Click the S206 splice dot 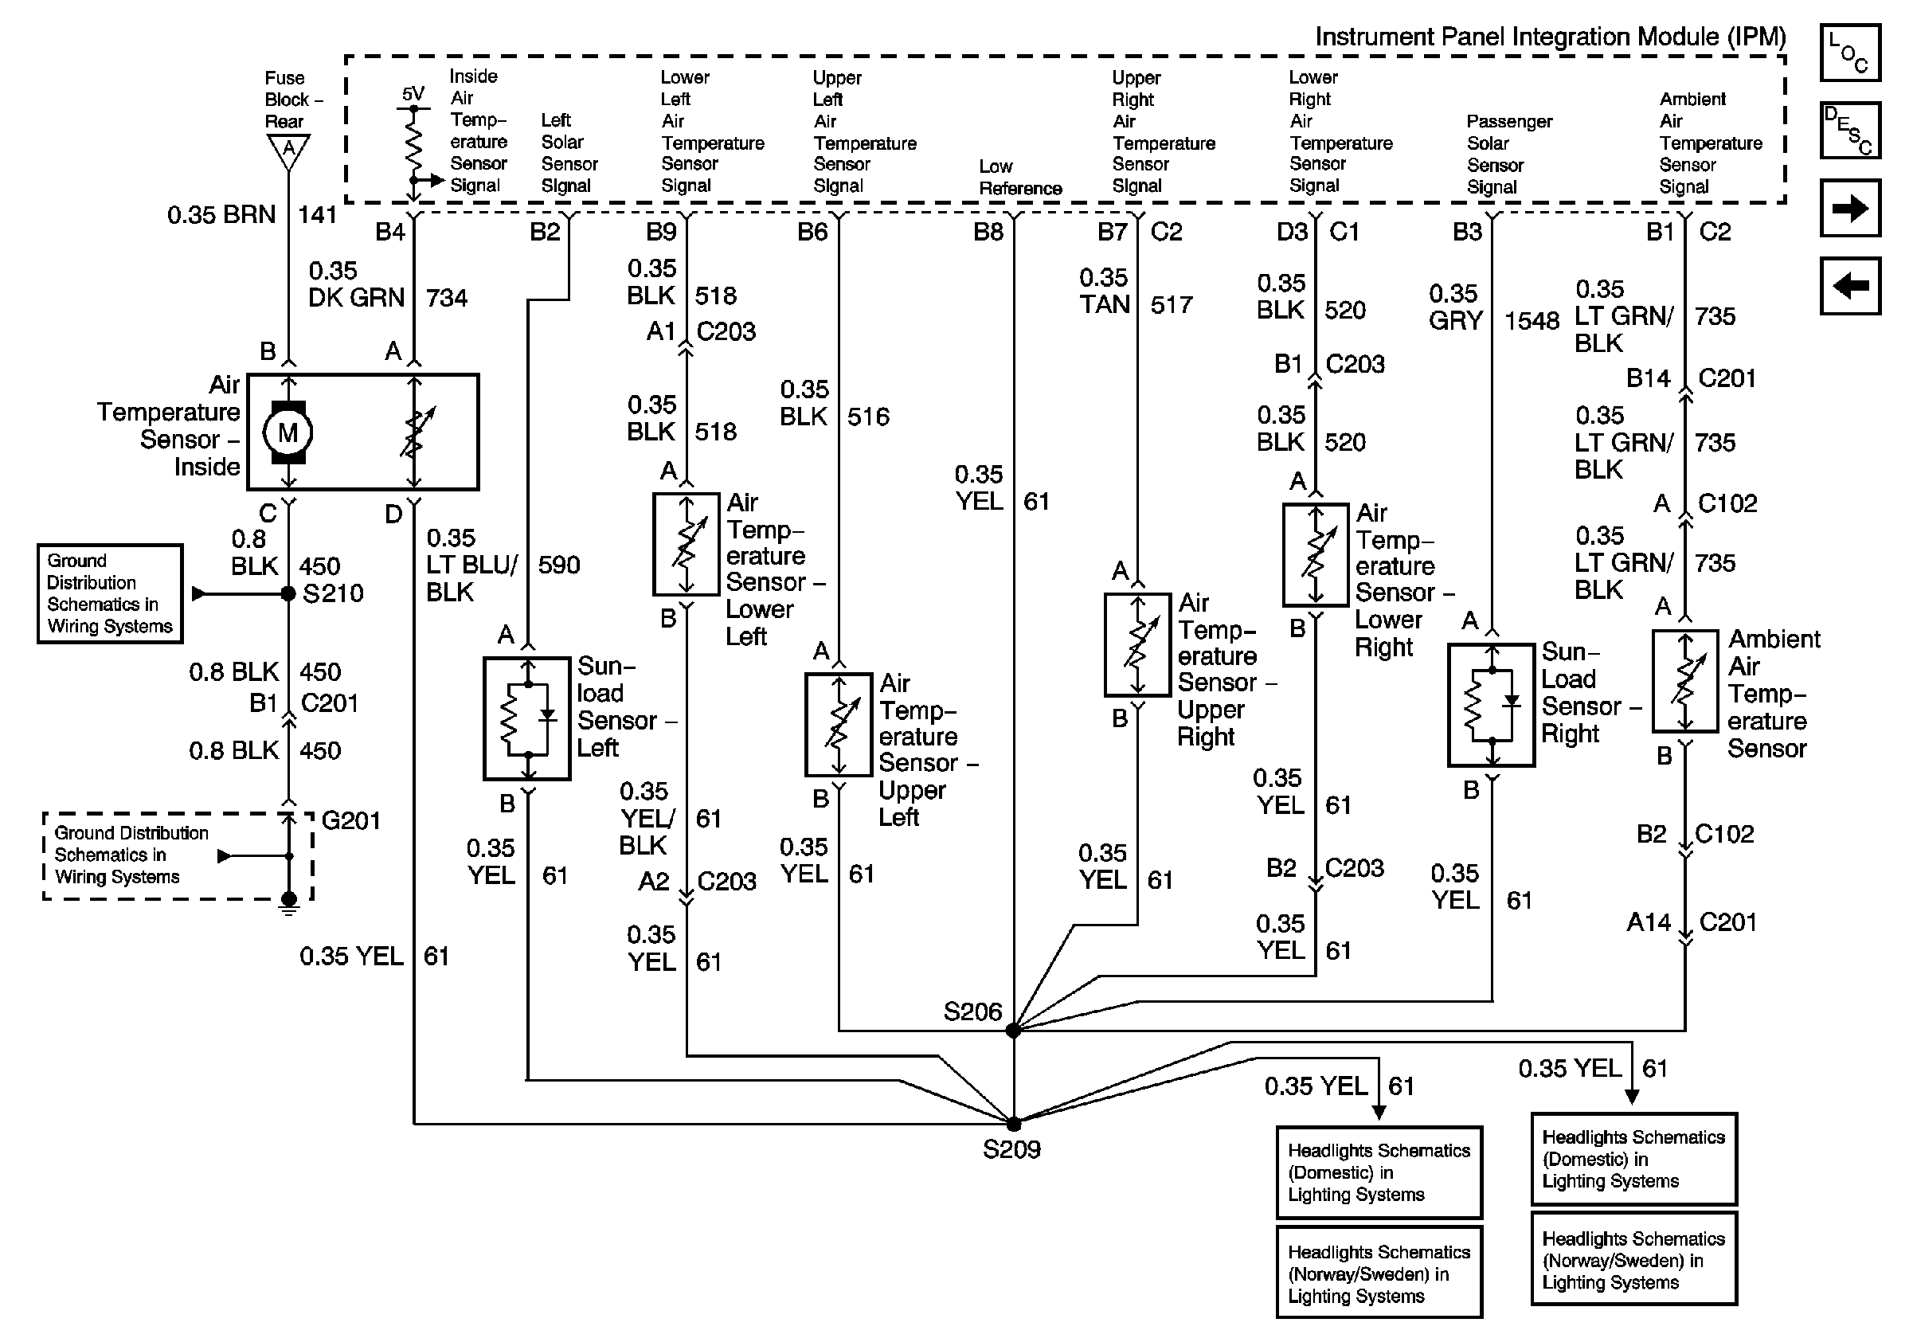click(1013, 1031)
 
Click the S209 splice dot click(1013, 1124)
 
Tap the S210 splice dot click(288, 594)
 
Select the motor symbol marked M click(288, 432)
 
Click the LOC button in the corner click(1849, 53)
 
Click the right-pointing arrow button click(1849, 208)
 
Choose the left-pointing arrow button click(1849, 287)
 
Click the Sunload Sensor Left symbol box click(527, 718)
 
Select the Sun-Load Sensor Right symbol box click(1492, 705)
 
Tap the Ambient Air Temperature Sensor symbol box click(1684, 682)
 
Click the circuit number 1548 click(1532, 321)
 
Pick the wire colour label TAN click(1105, 305)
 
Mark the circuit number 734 click(447, 297)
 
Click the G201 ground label click(350, 821)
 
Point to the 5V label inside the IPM click(413, 94)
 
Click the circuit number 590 click(559, 565)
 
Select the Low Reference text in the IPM click(1020, 178)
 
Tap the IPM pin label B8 click(988, 232)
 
